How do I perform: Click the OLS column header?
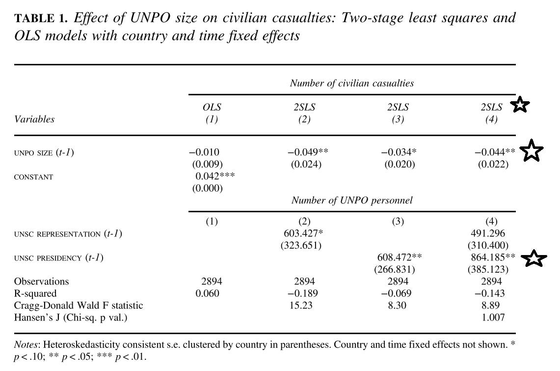212,108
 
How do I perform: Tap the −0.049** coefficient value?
307,153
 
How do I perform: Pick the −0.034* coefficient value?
400,153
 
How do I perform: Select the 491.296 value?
491,233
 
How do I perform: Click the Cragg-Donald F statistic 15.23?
301,305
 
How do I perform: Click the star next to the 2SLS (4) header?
520,105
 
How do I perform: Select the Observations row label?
41,282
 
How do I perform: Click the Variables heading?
34,119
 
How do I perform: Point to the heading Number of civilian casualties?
352,83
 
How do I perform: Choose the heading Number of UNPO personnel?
352,200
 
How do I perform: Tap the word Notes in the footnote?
26,344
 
